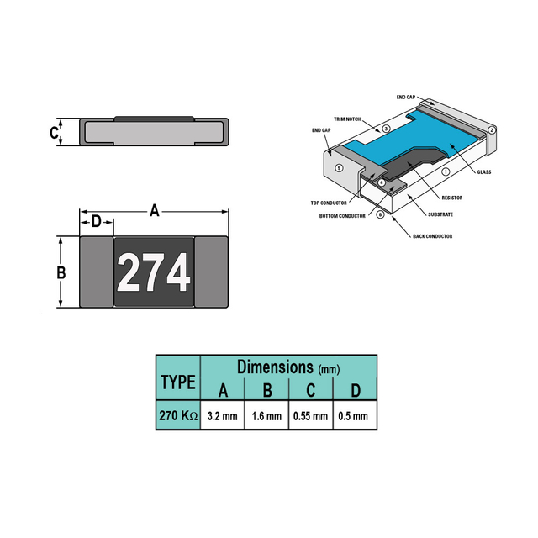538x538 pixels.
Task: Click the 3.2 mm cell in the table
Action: coord(222,416)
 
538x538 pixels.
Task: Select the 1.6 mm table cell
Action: coord(266,416)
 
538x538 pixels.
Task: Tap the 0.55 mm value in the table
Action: coord(310,416)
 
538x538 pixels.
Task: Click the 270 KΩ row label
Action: coord(178,415)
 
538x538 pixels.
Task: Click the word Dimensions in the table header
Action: coord(275,367)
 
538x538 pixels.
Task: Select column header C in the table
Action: coord(310,390)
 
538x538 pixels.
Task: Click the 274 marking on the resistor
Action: coord(153,272)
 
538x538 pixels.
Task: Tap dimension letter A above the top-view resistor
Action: coord(155,210)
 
